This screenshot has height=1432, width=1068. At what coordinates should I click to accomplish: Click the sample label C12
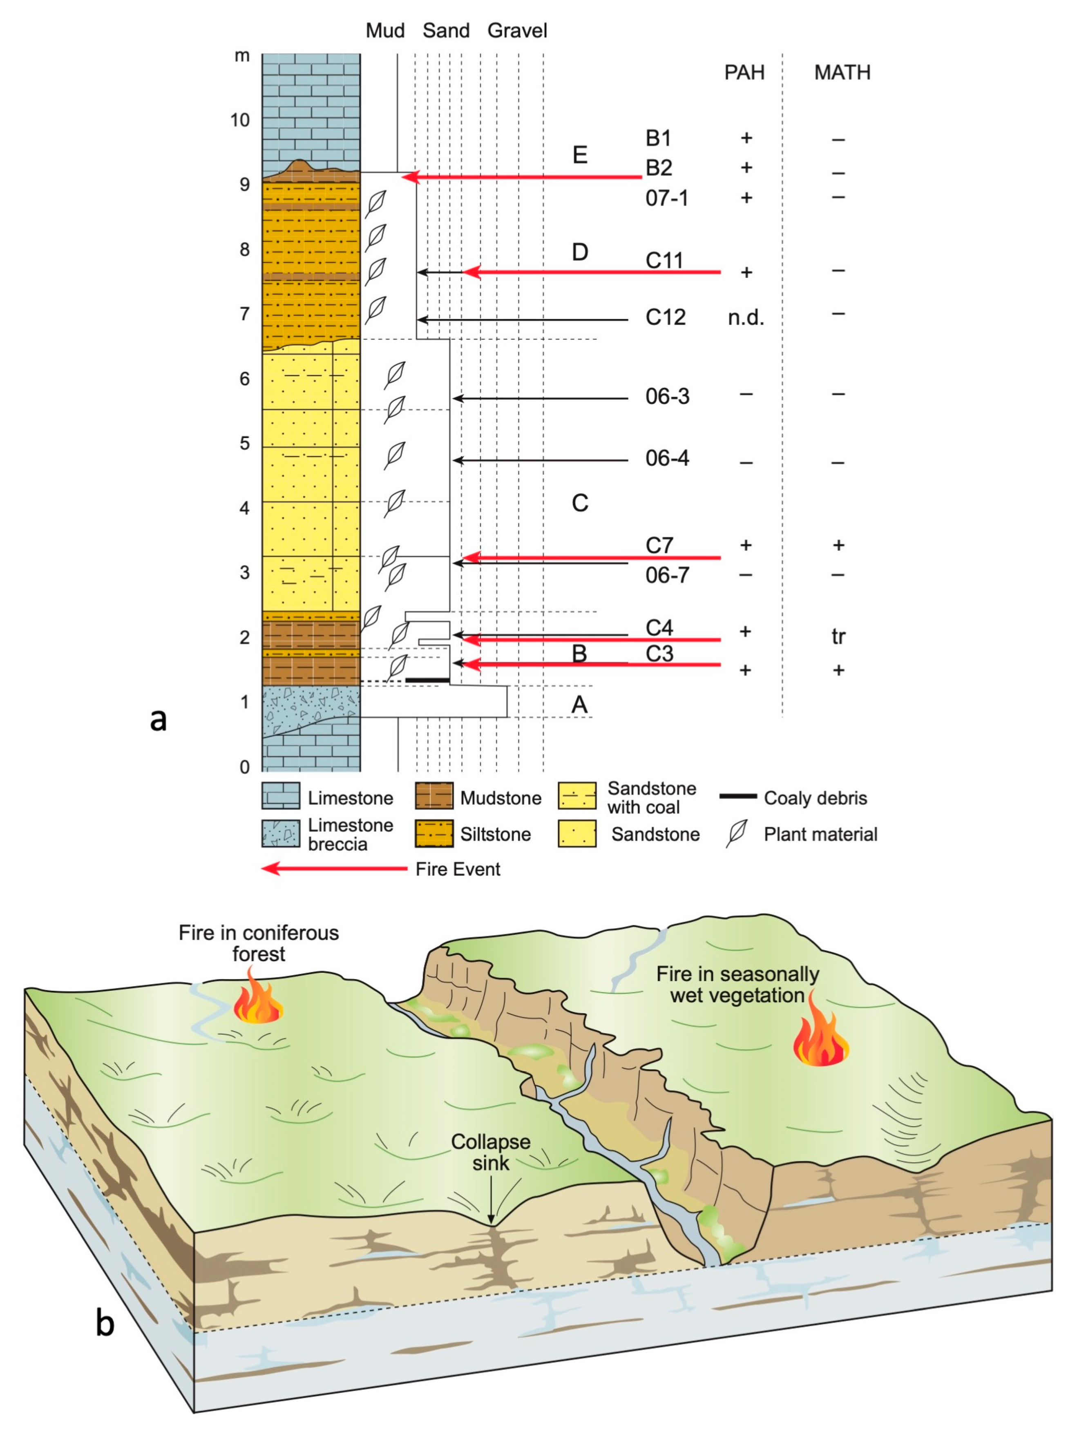click(x=665, y=317)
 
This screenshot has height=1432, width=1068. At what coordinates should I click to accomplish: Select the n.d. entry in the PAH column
click(x=745, y=317)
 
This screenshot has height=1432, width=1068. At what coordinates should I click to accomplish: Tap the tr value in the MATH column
click(x=838, y=637)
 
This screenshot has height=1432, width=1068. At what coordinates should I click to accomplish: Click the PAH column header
click(x=744, y=72)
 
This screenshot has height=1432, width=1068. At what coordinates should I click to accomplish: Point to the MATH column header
click(x=842, y=72)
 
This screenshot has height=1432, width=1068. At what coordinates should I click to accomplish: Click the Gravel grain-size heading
click(x=517, y=30)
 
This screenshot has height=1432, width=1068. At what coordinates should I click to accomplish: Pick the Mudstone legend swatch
click(x=434, y=797)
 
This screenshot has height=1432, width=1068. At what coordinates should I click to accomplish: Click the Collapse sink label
click(x=491, y=1152)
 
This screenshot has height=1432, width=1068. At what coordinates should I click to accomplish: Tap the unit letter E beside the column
click(x=580, y=155)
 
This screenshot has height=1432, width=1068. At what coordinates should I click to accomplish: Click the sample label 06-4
click(x=667, y=458)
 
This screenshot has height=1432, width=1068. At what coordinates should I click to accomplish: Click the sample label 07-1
click(x=666, y=198)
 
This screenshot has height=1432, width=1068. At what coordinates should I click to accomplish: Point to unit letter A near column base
click(x=579, y=705)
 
